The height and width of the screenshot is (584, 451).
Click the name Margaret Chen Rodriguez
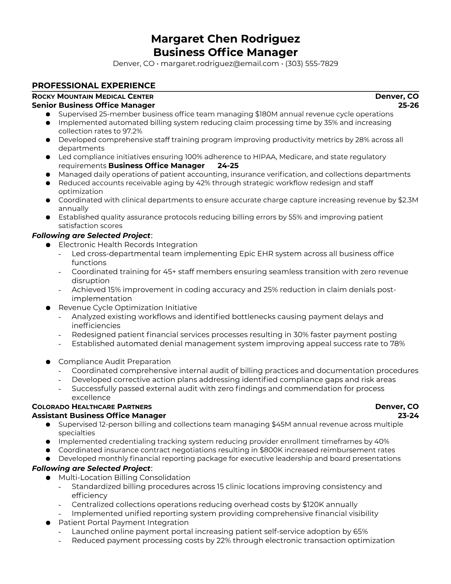coord(225,39)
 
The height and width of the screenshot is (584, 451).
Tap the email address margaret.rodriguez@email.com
coord(220,63)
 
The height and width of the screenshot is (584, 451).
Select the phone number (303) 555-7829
coord(311,63)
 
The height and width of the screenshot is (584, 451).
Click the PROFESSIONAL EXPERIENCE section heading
coord(94,86)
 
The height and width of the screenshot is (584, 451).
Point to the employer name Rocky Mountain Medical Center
coord(92,97)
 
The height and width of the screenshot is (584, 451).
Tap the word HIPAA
coord(263,157)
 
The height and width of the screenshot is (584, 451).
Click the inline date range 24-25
coord(228,166)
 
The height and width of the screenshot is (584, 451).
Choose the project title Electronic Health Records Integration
coord(128,245)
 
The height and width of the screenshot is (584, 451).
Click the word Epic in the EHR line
coord(249,254)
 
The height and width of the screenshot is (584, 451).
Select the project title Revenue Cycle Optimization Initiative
coord(127,307)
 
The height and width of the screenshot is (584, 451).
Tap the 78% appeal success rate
coord(398,344)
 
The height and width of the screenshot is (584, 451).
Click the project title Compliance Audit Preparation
coord(114,362)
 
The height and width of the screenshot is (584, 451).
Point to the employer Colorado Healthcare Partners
coord(92,407)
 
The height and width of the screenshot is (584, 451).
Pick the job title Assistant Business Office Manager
coord(99,416)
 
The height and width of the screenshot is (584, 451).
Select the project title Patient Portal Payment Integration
coord(123,522)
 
